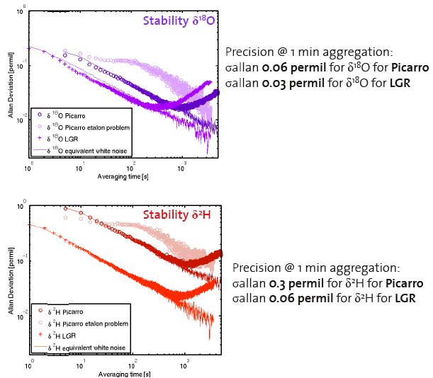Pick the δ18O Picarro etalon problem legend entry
click(x=84, y=126)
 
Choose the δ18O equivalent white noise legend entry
click(x=86, y=151)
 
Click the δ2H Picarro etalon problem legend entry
click(x=84, y=323)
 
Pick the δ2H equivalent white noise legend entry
click(x=86, y=348)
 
